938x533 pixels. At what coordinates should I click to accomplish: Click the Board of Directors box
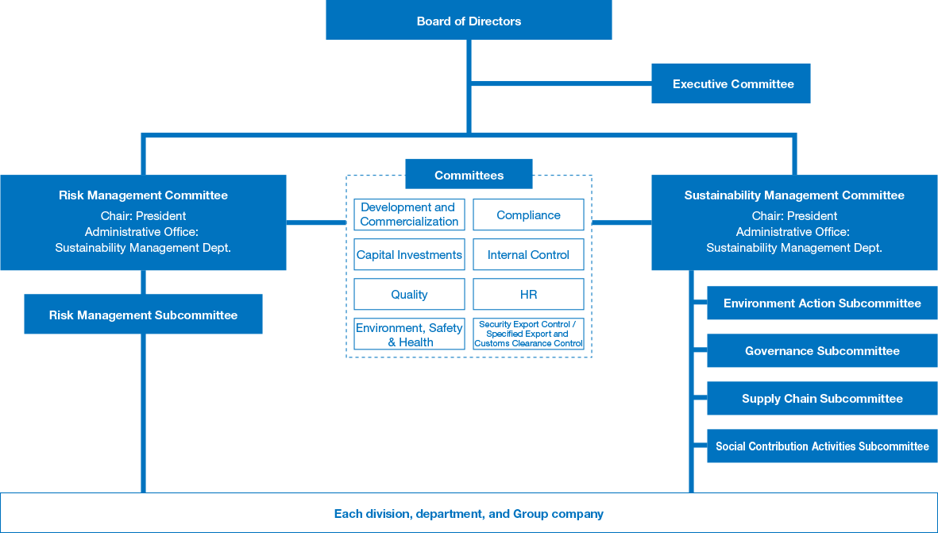point(469,21)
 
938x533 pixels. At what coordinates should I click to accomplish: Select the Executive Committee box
point(731,83)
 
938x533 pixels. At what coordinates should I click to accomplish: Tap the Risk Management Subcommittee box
point(143,315)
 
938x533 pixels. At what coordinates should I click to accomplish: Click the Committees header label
point(469,175)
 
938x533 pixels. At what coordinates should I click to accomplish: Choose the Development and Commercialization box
point(409,214)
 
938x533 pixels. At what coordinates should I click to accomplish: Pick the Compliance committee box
point(528,214)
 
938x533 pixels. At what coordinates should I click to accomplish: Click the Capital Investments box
point(409,254)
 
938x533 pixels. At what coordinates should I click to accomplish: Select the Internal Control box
point(528,254)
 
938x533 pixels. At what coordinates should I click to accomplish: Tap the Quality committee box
point(409,294)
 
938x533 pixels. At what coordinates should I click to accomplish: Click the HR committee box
point(528,294)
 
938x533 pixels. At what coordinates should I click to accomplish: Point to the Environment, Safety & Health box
point(409,334)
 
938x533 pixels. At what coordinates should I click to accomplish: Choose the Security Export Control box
point(528,334)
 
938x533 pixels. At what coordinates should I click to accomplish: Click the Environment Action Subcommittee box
point(822,303)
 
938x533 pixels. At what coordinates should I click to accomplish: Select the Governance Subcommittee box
point(822,350)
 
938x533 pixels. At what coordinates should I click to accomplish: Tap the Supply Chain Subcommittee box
point(822,398)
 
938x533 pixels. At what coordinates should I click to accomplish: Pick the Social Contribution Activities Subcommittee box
point(822,446)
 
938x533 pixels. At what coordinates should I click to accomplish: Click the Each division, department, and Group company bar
point(469,513)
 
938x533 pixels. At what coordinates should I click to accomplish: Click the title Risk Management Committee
point(143,195)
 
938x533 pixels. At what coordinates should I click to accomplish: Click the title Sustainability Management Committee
point(794,195)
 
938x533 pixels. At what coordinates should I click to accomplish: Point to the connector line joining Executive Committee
point(561,82)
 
